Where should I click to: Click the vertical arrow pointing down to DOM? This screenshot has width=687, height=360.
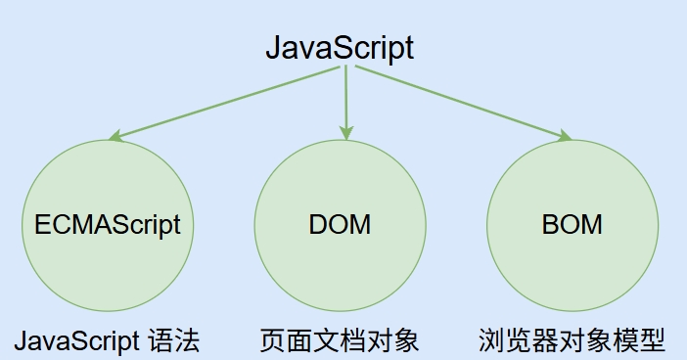point(344,98)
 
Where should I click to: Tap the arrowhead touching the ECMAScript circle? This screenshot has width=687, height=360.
point(115,137)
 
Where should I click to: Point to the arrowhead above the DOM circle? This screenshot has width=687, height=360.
point(344,133)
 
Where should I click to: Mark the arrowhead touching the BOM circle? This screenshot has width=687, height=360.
point(565,137)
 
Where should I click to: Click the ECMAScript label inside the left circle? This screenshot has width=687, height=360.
point(108,224)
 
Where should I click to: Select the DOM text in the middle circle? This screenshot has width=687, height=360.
point(340,224)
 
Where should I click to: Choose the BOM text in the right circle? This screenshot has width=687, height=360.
point(572,224)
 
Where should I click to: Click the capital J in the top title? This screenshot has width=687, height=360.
point(274,48)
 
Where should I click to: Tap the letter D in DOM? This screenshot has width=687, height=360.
point(318,224)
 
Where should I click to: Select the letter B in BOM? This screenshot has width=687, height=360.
point(550,224)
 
